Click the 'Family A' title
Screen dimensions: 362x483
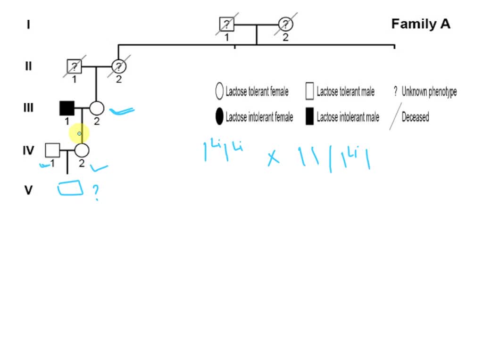tap(421, 24)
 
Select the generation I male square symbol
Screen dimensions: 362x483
tap(227, 24)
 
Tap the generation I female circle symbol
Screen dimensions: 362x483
tap(285, 24)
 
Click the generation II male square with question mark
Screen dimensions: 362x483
tap(74, 66)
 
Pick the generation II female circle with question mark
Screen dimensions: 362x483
tap(118, 66)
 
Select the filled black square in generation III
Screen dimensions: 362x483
tap(67, 108)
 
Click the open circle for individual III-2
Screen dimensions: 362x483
tap(96, 108)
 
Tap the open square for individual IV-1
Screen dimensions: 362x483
tap(52, 150)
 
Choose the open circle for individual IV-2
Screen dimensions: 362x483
tap(82, 150)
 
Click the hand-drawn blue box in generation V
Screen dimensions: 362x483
tap(70, 189)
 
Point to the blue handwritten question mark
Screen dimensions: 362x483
tap(96, 192)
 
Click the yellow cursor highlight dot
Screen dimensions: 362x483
tap(79, 134)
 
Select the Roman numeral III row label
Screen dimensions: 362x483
tap(28, 108)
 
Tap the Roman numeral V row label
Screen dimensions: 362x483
tap(28, 190)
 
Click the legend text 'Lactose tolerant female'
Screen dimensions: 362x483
tap(257, 91)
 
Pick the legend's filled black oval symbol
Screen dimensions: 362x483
tap(219, 117)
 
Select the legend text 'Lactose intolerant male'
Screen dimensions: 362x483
tap(348, 117)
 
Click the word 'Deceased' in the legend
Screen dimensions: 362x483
tap(415, 117)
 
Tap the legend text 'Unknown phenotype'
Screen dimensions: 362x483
tap(429, 91)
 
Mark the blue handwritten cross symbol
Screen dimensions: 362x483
tap(273, 158)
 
